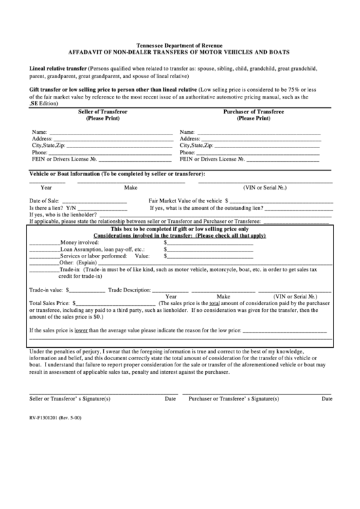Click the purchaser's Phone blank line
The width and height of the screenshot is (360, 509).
click(x=259, y=154)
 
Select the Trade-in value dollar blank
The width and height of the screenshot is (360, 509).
click(x=86, y=290)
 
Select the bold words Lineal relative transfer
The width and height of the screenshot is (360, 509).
click(x=58, y=69)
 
